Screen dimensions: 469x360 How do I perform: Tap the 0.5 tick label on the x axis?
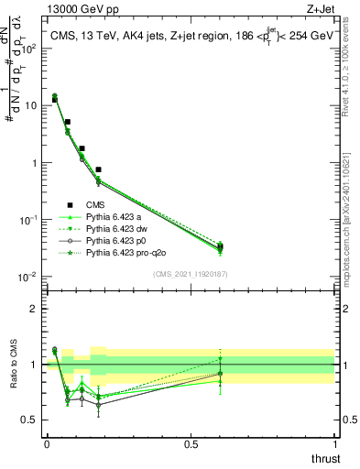tap(191, 444)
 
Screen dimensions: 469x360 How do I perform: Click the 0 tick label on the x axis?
tap(47, 444)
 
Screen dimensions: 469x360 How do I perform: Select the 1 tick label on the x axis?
tap(335, 444)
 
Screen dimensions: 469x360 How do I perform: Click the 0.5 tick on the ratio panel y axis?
tap(29, 420)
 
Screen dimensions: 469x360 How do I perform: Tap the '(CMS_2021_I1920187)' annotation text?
tap(191, 274)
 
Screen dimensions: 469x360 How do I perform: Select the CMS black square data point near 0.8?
tap(98, 169)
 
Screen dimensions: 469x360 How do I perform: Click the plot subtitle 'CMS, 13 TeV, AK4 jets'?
tap(110, 36)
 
